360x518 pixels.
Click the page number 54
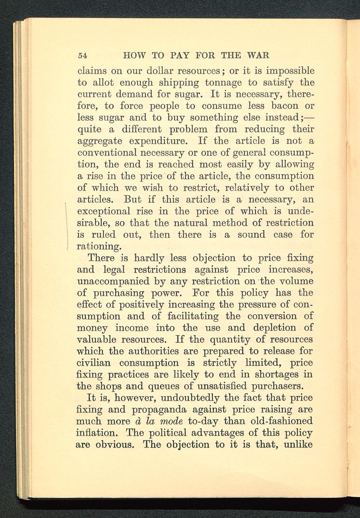pos(82,55)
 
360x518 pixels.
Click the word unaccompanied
pos(111,281)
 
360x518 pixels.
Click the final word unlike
pos(298,444)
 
